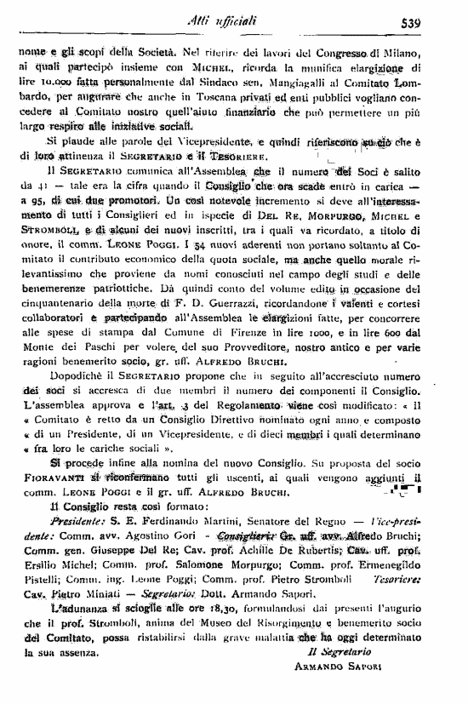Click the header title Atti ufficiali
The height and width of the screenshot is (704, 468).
(x=240, y=24)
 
